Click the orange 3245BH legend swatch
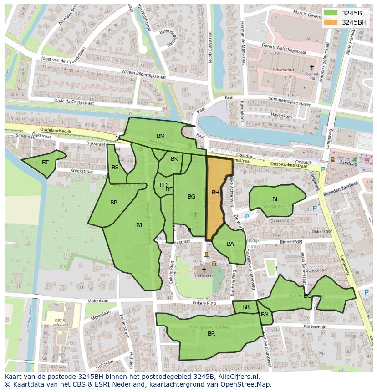[331, 22]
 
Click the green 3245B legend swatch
[331, 13]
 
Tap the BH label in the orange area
[215, 193]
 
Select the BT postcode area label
[45, 163]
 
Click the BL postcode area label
[275, 199]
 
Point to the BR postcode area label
[211, 334]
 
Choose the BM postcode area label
[161, 136]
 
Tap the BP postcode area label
[114, 203]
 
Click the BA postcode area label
[230, 244]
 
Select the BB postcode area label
[246, 307]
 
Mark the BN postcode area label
[265, 315]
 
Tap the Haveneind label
[283, 70]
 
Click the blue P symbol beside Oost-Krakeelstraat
[323, 169]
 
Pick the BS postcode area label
[115, 168]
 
